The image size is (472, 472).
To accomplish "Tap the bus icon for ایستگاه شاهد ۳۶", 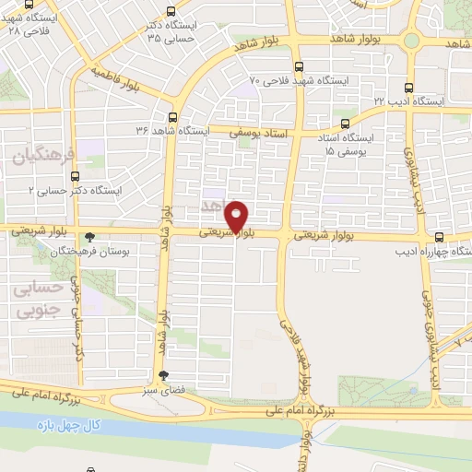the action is (x=172, y=117).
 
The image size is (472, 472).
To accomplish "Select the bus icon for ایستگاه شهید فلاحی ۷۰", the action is (x=298, y=66).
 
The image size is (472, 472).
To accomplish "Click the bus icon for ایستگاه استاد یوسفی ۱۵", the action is (x=345, y=124).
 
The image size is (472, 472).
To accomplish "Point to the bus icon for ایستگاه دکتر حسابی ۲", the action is (x=77, y=174).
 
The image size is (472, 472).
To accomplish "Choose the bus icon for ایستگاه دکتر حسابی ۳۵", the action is (x=171, y=12).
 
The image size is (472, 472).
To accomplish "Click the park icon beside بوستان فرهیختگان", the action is (x=88, y=237).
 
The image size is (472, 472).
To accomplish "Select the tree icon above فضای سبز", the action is (x=163, y=375).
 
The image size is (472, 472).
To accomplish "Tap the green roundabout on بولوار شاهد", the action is (x=413, y=41).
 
